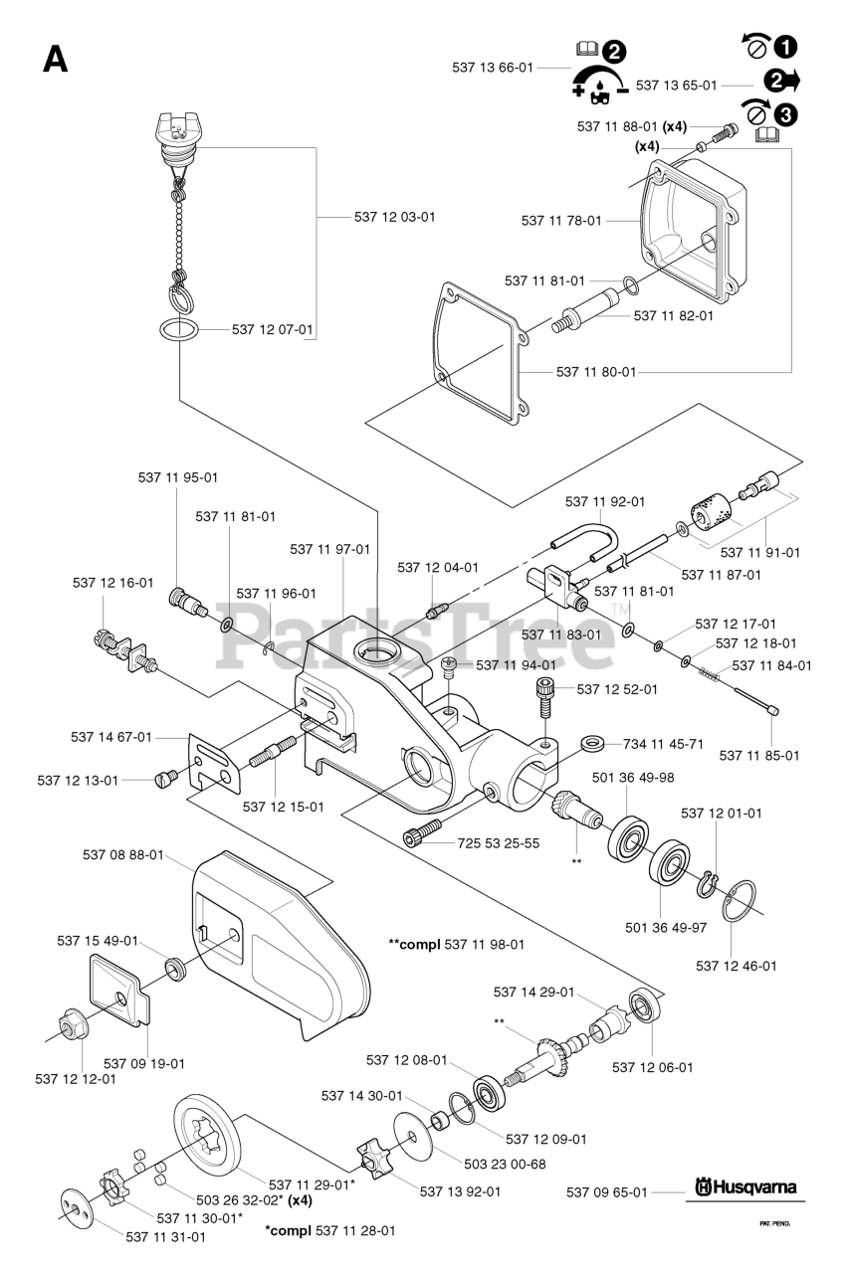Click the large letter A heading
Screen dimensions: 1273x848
[56, 60]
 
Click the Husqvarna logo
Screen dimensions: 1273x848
[745, 1188]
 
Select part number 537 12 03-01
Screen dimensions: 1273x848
[394, 216]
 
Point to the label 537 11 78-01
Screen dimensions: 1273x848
[561, 221]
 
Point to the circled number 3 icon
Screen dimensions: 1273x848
[785, 114]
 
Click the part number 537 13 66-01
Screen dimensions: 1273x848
[492, 68]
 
